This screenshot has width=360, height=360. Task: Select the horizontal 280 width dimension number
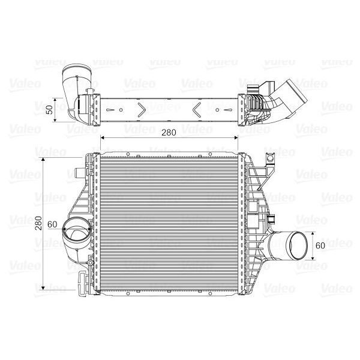pyautogui.click(x=169, y=134)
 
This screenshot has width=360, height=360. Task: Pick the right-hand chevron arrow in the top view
pyautogui.click(x=199, y=109)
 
